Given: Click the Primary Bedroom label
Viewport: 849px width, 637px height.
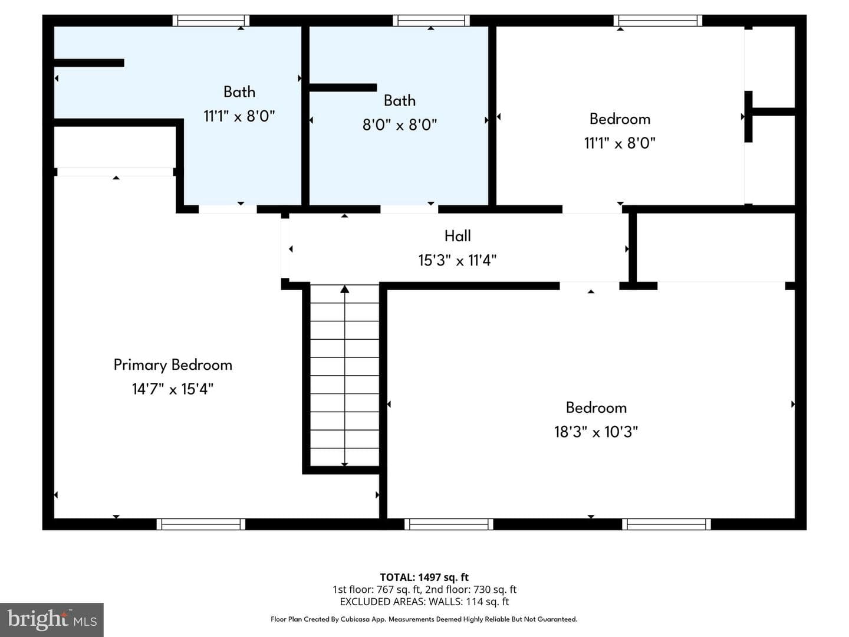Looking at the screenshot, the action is [x=173, y=365].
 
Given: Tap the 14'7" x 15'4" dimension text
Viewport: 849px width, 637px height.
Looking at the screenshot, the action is [x=173, y=389].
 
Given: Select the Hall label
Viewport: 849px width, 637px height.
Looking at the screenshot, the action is [x=458, y=236].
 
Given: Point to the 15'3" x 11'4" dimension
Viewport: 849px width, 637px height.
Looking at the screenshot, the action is [x=457, y=260].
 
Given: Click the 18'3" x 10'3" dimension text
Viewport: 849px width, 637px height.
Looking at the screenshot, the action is [x=596, y=432].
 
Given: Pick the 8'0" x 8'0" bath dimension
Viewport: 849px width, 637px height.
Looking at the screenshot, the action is [x=400, y=124].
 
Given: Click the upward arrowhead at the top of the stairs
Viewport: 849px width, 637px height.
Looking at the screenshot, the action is [x=345, y=289].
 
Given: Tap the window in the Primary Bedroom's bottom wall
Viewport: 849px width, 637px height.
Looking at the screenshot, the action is [x=200, y=524].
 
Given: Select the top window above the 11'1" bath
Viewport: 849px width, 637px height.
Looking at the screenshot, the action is [x=211, y=21].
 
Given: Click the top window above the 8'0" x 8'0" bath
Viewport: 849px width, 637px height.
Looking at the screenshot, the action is [x=431, y=21].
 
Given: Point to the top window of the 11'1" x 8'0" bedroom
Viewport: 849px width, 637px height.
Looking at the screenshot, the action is [x=657, y=21].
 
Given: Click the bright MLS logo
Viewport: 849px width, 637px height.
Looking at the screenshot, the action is [x=52, y=619].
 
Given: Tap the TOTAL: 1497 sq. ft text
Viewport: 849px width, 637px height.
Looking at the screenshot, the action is [x=424, y=577].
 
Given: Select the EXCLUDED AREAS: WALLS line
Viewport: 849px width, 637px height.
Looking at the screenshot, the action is [x=424, y=602].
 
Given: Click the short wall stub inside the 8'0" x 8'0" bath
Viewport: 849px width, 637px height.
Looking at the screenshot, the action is [x=343, y=87].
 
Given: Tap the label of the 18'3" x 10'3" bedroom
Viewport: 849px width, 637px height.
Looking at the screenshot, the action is [x=596, y=408].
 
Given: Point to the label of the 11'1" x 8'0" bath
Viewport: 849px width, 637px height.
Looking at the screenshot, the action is [x=239, y=92].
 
